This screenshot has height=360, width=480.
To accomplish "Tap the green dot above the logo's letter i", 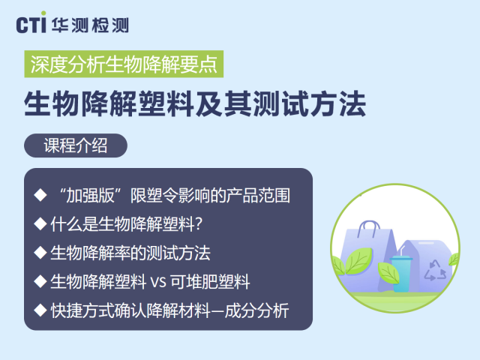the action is (43, 13).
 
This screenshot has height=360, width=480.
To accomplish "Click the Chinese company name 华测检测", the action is (90, 25).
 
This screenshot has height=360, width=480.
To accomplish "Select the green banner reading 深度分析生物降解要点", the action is (124, 64).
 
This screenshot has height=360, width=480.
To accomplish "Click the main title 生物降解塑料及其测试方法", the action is (195, 103).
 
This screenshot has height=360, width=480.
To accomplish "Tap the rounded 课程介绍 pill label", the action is (76, 145).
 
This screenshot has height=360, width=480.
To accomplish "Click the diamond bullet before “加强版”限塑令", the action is (40, 195).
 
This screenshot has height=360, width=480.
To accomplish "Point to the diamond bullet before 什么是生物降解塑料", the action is (40, 223).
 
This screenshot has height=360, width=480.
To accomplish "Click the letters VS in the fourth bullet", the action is (158, 282).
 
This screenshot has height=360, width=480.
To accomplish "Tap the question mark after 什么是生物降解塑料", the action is (199, 224).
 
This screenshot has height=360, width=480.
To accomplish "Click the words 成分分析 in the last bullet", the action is (256, 310).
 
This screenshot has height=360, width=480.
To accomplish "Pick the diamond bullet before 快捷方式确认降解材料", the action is (40, 310).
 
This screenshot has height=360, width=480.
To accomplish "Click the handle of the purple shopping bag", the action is (368, 228).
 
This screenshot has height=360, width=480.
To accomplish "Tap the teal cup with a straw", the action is (400, 273).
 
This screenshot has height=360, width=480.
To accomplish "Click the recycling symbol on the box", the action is (435, 270).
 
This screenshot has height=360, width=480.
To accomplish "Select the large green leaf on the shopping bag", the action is (358, 261).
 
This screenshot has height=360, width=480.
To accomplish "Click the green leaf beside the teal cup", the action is (388, 272).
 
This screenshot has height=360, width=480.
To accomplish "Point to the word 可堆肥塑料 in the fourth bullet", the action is (210, 282).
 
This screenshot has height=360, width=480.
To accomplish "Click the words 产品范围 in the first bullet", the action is (258, 195).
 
